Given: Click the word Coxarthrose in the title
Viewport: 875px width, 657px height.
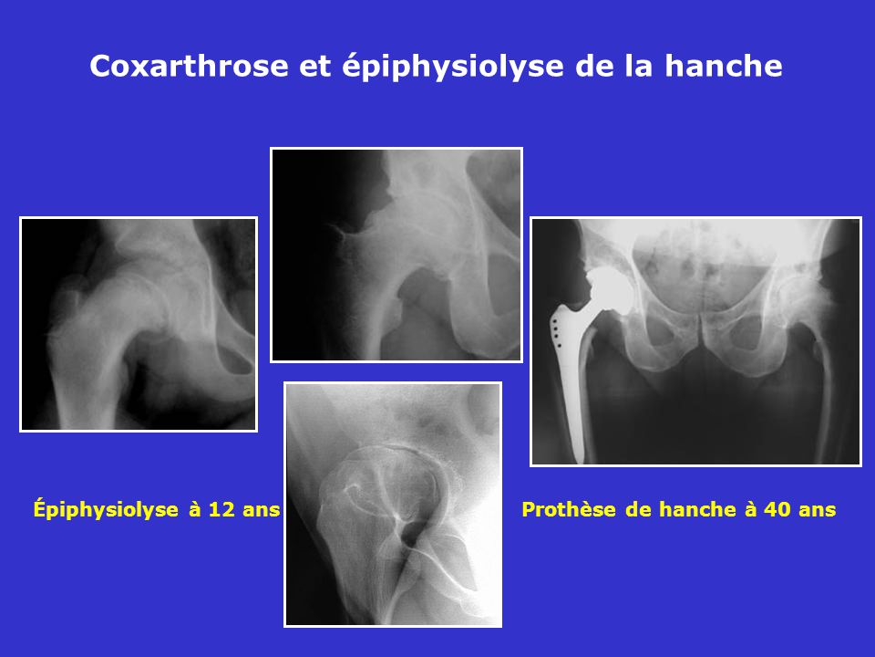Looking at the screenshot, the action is click(190, 66).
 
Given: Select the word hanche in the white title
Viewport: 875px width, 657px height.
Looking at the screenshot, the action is click(723, 66).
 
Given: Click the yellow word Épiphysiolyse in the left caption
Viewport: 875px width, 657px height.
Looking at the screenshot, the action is click(106, 509).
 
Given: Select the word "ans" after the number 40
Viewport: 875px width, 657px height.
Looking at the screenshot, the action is click(817, 511).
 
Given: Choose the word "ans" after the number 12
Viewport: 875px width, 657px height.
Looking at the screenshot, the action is click(262, 511).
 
